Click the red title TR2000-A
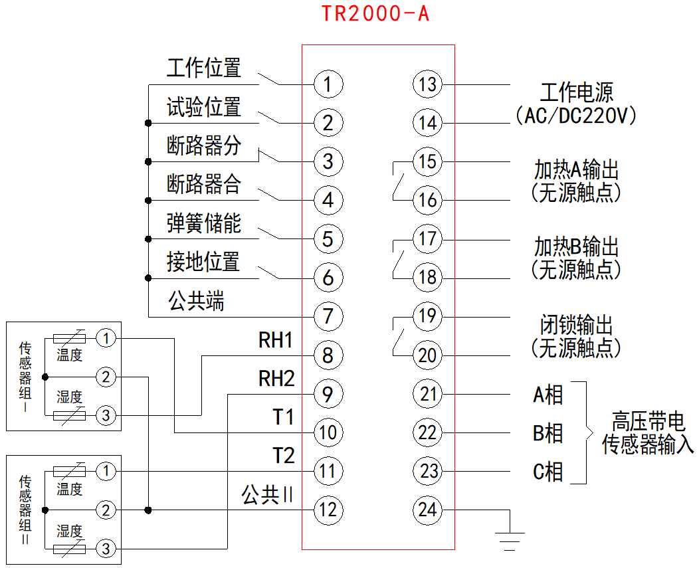click(375, 14)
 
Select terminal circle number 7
click(328, 316)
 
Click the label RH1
click(276, 341)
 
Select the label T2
click(283, 456)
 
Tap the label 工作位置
click(203, 68)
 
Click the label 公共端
click(196, 302)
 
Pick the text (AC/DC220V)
click(576, 117)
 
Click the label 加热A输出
click(576, 170)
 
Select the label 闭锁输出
click(576, 326)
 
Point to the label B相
click(548, 433)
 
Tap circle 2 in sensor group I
click(105, 377)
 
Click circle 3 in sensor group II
click(105, 549)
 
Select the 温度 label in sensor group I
click(69, 355)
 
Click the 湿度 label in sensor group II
click(69, 531)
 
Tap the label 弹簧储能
click(203, 224)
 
